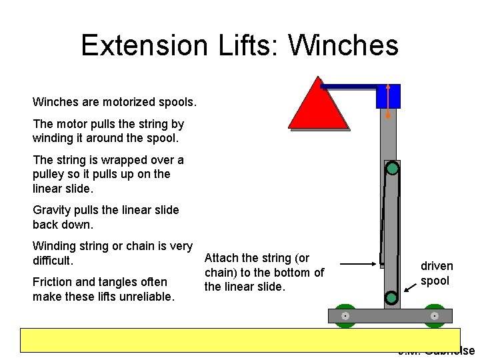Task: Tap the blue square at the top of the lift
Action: pos(388,96)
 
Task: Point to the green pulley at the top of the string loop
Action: pos(392,168)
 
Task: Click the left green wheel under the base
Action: pos(345,316)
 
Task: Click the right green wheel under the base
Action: pos(434,316)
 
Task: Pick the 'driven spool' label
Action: pos(436,273)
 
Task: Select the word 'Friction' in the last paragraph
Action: pos(52,282)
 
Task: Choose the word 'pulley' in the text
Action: pos(49,174)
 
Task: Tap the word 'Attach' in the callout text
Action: pos(221,258)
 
